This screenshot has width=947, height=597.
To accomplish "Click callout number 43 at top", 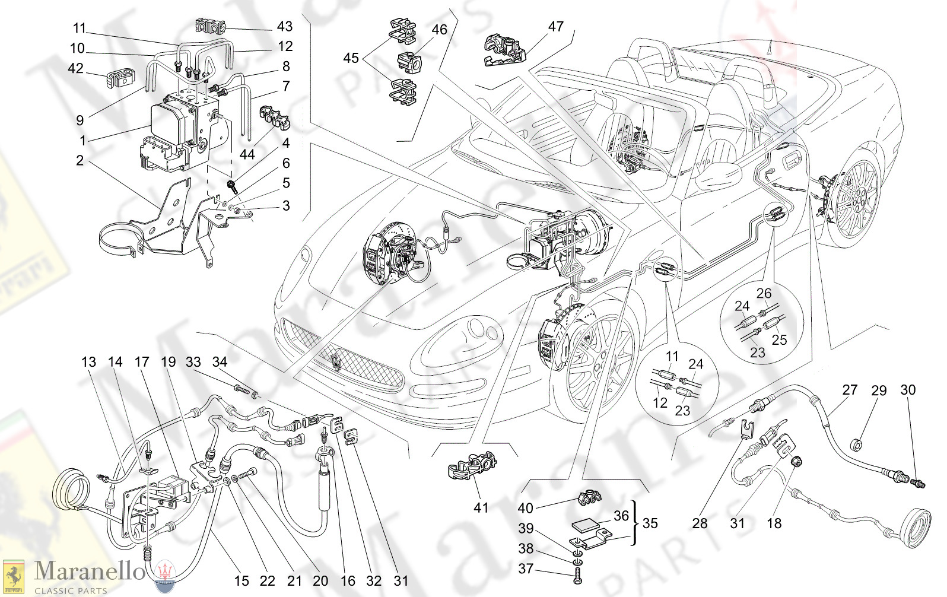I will pos(285,26).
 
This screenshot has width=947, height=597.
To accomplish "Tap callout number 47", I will pos(555,27).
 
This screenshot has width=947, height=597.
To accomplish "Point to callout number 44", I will pos(247,154).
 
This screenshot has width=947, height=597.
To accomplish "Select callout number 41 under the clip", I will pos(481,508).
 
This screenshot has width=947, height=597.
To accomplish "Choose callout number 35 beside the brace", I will pos(650,523).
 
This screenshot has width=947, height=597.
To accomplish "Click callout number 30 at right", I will pos(908,390).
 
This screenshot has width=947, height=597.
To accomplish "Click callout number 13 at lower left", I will pos(88,362).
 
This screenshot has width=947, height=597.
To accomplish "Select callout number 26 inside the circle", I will pos(764,293).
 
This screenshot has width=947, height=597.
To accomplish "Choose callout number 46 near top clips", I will pos(439,29).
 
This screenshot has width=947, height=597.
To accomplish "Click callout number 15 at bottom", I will pos(241,581).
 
